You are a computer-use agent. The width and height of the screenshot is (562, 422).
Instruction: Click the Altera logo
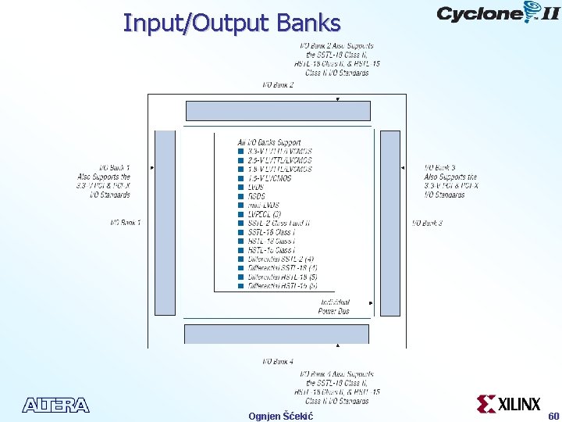pyautogui.click(x=56, y=405)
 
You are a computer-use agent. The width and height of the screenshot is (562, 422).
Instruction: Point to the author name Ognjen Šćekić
pyautogui.click(x=280, y=416)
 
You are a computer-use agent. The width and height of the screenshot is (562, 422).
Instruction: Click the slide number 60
pyautogui.click(x=553, y=416)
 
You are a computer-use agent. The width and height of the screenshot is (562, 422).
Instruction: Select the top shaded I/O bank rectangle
pyautogui.click(x=278, y=110)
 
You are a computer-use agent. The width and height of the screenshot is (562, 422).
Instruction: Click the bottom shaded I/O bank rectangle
pyautogui.click(x=276, y=334)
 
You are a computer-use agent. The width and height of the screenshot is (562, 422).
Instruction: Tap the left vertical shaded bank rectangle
pyautogui.click(x=165, y=223)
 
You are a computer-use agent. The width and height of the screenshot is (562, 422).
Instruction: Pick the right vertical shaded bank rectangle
pyautogui.click(x=389, y=223)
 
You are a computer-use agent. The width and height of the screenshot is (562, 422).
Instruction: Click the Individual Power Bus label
pyautogui.click(x=334, y=306)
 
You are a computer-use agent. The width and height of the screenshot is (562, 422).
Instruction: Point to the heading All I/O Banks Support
pyautogui.click(x=269, y=142)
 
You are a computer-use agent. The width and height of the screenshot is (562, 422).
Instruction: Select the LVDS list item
pyautogui.click(x=255, y=187)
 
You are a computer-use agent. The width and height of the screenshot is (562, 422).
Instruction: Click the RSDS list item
pyautogui.click(x=256, y=196)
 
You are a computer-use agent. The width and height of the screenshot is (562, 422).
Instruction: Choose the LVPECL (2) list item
pyautogui.click(x=264, y=214)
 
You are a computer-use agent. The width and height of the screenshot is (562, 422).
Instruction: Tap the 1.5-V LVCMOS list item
pyautogui.click(x=269, y=178)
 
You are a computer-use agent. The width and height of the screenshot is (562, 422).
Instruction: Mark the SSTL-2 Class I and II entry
pyautogui.click(x=279, y=223)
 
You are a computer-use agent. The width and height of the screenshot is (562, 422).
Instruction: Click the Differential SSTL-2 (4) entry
pyautogui.click(x=280, y=259)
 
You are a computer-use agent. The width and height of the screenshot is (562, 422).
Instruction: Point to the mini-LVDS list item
pyautogui.click(x=263, y=205)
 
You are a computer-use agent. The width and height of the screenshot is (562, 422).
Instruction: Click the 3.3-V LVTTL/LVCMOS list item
pyautogui.click(x=279, y=151)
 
